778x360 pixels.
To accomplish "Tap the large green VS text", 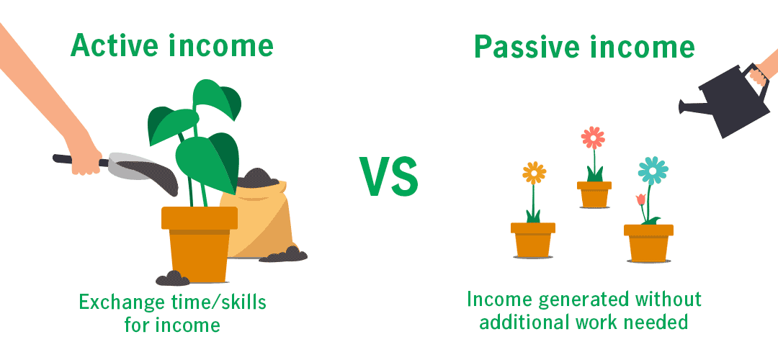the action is coord(388,176).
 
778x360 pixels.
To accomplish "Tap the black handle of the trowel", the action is coord(79,160).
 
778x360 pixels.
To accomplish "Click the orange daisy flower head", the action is coord(534,173).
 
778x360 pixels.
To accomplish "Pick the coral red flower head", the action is coord(594,138).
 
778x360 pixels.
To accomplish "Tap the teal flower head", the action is coord(653,171).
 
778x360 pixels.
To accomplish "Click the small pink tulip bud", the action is coord(640,199).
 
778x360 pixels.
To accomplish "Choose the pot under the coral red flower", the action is coord(594,194).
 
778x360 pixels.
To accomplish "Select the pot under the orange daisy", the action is coord(533,240).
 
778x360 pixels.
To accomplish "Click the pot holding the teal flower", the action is coord(648,243).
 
